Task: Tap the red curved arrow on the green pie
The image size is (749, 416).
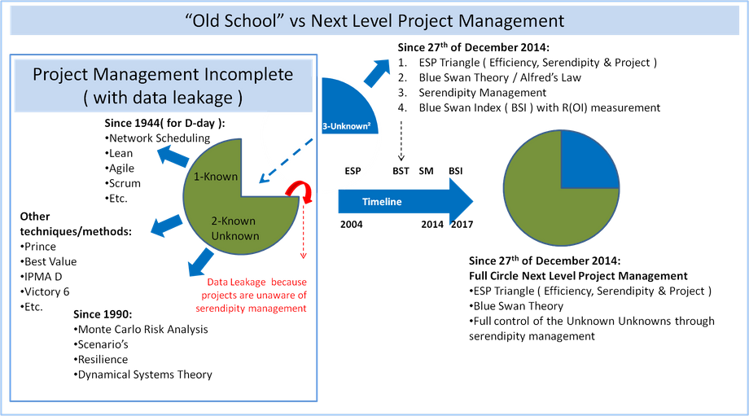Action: (300, 191)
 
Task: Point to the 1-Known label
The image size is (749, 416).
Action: (216, 176)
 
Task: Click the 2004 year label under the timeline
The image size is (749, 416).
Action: (351, 224)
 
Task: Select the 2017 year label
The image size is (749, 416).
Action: (462, 224)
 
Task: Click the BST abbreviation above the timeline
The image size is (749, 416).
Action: (401, 170)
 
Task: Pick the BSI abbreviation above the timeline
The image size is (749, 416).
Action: (456, 170)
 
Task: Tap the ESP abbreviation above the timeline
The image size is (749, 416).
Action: (353, 170)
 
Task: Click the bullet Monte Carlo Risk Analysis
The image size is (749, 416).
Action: (141, 329)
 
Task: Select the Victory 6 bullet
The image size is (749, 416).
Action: (45, 291)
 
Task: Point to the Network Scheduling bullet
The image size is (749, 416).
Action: (157, 138)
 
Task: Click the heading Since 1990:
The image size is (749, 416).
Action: (103, 313)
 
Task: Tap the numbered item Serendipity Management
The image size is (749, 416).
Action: (483, 92)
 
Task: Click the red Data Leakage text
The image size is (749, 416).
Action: (252, 296)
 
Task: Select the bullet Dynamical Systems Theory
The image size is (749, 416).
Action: (142, 374)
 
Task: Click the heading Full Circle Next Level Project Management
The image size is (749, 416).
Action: (578, 276)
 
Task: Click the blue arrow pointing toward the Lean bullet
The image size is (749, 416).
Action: (173, 156)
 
